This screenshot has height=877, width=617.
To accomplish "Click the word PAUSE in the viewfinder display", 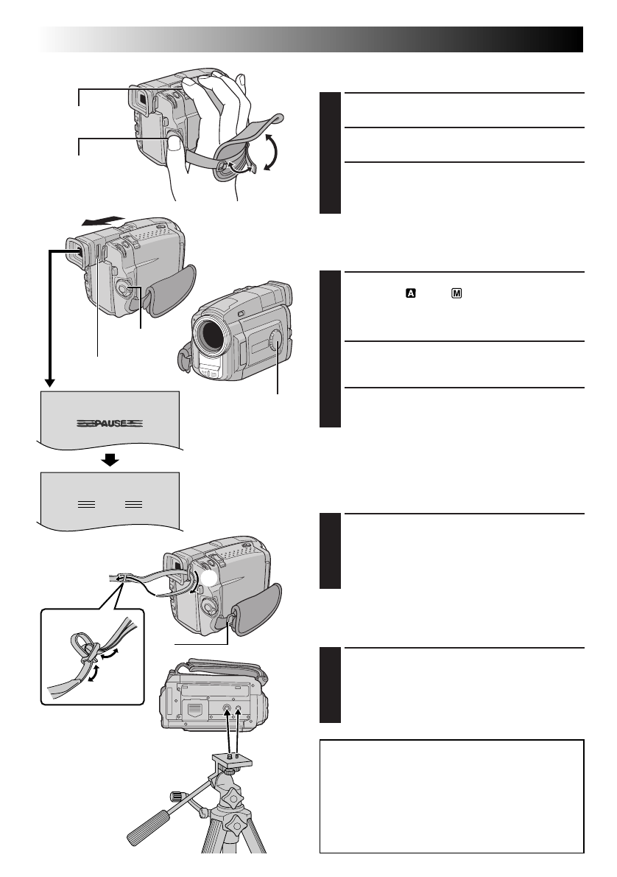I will click(x=109, y=424).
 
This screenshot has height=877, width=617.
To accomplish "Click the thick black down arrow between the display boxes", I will click(x=109, y=461).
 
